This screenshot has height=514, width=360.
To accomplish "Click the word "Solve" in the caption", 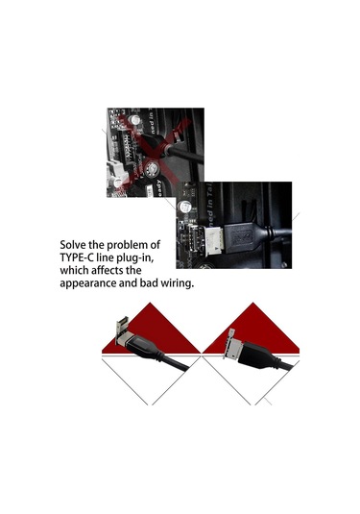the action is click(x=73, y=245).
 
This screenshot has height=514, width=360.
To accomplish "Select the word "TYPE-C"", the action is click(x=74, y=257).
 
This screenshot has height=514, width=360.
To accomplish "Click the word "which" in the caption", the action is click(x=74, y=270).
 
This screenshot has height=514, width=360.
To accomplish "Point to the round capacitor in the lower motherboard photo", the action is click(x=184, y=208).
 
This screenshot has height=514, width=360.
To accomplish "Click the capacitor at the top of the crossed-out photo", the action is click(x=134, y=120).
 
